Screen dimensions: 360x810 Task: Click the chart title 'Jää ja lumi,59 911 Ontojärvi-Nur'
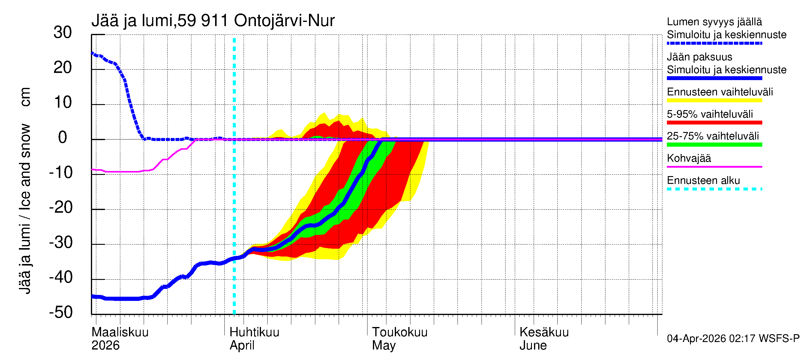[213, 21]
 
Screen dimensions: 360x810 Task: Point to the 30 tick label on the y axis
[63, 32]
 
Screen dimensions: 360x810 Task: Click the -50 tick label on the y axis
[61, 312]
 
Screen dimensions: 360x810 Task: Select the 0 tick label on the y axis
[63, 137]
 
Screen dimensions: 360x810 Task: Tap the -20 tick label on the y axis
[61, 208]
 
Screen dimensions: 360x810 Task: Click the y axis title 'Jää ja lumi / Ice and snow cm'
[25, 190]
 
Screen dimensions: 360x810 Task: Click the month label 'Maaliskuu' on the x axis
[120, 332]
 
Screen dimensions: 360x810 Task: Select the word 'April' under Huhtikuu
[242, 346]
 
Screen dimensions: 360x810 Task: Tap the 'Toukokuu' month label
[400, 332]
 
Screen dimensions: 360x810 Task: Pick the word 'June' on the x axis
[533, 346]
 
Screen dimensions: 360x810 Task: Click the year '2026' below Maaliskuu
[105, 346]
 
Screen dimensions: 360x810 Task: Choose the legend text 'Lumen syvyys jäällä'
[714, 22]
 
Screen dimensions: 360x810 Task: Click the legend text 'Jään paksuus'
[700, 57]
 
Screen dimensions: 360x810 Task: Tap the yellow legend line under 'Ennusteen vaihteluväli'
[714, 100]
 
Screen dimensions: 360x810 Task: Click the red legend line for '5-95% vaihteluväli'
[714, 123]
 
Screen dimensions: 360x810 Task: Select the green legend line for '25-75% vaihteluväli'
[714, 145]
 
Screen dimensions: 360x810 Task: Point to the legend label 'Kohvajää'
[689, 158]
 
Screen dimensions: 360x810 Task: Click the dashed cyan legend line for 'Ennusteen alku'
[714, 189]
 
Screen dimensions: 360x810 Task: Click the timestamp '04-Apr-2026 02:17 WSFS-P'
[733, 339]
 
